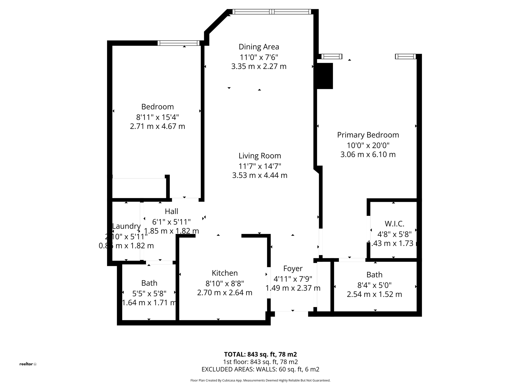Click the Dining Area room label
tap(259, 47)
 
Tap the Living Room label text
tap(259, 156)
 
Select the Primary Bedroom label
tap(368, 135)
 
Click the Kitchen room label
tap(225, 273)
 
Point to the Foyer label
tap(293, 269)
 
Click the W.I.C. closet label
tap(394, 224)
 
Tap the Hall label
tap(171, 211)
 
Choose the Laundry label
tap(126, 226)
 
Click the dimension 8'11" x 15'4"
tap(157, 117)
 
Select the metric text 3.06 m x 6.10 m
tap(368, 155)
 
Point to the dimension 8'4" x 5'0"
tap(374, 285)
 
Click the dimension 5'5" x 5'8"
tap(149, 294)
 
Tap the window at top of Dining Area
tap(271, 12)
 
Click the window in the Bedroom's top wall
tap(178, 43)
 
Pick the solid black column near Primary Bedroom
tap(325, 76)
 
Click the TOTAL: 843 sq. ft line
tap(260, 354)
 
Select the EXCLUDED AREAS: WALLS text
tap(260, 369)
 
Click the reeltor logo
tap(28, 364)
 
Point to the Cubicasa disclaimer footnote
tap(260, 381)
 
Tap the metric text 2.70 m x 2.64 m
tap(225, 293)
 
